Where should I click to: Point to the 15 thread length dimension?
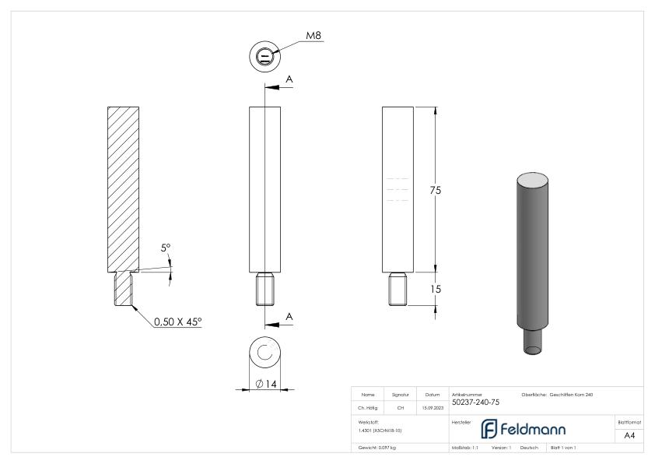point(436,289)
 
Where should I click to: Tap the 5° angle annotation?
point(166,249)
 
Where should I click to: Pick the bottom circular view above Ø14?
point(264,353)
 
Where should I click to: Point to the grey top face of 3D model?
point(534,180)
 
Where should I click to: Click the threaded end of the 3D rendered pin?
point(534,340)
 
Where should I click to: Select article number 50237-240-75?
point(475,402)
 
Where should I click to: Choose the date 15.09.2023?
point(431,406)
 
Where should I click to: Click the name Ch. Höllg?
point(370,406)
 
